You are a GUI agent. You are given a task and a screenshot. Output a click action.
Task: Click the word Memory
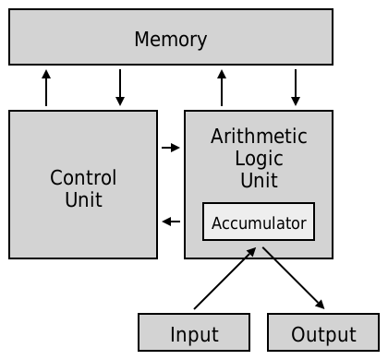point(170,40)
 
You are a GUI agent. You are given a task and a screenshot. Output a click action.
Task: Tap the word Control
point(83,177)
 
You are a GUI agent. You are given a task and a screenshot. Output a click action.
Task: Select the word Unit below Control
point(83,199)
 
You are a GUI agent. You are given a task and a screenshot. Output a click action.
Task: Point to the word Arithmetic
point(259,137)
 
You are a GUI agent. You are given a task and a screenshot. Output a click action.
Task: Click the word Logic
point(259,158)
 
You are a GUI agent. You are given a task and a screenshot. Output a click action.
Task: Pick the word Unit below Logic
point(259,180)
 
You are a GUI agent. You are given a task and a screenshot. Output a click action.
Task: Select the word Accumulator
point(259,223)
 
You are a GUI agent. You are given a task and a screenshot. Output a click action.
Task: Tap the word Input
point(194,334)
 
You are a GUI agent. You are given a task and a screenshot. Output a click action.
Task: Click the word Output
point(323,334)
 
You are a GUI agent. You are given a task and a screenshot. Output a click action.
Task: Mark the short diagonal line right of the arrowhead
point(268,252)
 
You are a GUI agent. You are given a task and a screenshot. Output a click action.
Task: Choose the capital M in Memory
point(141,40)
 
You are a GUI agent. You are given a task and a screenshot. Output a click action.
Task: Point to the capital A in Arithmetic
point(217,137)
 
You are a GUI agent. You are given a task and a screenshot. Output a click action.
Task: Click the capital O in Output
point(297,334)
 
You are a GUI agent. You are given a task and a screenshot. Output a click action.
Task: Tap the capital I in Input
point(173,334)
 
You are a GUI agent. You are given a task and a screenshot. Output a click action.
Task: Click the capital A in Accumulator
point(216,223)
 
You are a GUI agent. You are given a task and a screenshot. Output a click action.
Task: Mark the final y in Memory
point(201,42)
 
